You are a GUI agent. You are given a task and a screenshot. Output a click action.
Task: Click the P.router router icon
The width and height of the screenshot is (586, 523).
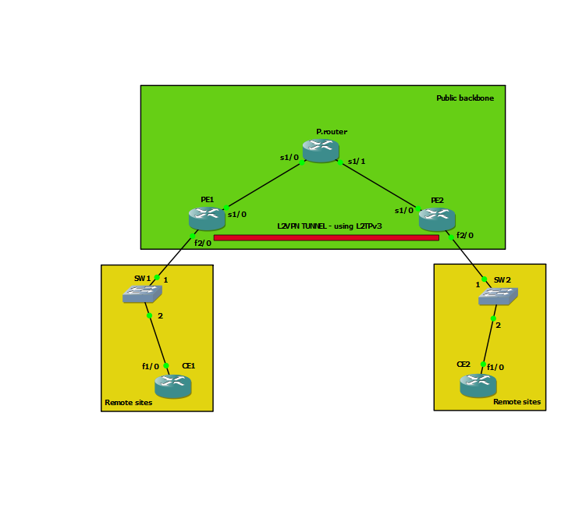[321, 150]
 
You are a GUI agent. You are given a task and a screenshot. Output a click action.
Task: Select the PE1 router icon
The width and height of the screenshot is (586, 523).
[207, 219]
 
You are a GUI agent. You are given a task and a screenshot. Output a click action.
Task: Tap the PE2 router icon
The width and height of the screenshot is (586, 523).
[437, 219]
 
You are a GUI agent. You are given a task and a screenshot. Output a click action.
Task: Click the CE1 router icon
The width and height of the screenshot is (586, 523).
[172, 386]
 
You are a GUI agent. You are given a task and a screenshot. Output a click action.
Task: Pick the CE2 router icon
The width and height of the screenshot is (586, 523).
[478, 386]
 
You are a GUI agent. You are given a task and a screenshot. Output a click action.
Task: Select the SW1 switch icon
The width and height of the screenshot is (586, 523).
[142, 294]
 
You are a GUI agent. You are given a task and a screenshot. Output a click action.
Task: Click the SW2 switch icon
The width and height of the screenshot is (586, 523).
[498, 296]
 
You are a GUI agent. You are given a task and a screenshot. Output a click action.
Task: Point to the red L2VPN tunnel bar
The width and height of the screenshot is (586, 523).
[326, 237]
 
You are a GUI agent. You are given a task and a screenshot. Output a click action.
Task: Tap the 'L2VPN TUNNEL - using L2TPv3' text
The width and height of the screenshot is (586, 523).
[329, 226]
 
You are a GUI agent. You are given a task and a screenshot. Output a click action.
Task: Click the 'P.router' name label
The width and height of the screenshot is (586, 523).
[332, 132]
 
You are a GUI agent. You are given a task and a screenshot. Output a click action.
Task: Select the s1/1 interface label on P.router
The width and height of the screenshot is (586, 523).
[357, 162]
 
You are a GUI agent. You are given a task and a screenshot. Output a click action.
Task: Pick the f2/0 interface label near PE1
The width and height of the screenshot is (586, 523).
[203, 243]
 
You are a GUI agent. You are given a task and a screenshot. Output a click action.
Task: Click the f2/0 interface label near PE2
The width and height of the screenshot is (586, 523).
[465, 235]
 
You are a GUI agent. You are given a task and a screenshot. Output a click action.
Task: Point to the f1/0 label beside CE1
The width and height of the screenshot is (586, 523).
[151, 366]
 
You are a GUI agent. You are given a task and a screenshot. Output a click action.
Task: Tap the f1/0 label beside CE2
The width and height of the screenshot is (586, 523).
[495, 367]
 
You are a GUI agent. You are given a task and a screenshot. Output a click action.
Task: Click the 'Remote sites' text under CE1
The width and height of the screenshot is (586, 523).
[129, 403]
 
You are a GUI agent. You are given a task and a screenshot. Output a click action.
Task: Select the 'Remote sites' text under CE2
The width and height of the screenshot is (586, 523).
[517, 402]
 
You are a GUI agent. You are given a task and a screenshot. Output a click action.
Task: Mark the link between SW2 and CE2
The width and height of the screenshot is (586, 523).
[488, 341]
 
